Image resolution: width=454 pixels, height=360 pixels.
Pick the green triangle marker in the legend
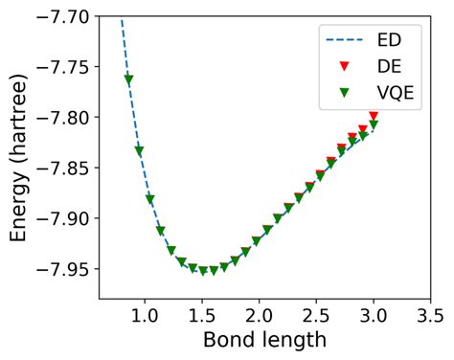346,94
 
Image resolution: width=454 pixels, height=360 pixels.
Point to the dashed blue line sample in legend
346,42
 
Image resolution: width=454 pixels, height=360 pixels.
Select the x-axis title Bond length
265,341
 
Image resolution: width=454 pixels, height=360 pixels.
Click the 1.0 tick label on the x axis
145,314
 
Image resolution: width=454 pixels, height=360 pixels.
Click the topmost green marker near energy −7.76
128,79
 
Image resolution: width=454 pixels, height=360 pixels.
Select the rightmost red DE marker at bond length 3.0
374,116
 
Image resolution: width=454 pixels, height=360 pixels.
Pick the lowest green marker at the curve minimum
203,271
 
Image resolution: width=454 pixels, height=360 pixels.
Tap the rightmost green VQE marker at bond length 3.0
374,125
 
